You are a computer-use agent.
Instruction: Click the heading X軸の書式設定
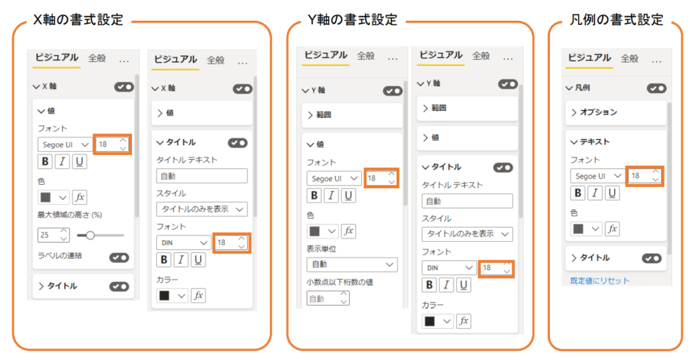(x=78, y=20)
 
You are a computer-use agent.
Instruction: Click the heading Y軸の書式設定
(x=352, y=20)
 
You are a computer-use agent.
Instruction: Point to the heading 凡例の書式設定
(x=617, y=20)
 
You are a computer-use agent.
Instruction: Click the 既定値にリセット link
(x=600, y=280)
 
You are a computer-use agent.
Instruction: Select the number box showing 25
(x=53, y=235)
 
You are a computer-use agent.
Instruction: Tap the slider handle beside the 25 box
(x=90, y=235)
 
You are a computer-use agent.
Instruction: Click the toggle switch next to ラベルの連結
(x=119, y=258)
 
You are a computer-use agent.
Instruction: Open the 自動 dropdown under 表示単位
(x=352, y=264)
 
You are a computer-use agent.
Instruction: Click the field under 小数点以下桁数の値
(x=328, y=299)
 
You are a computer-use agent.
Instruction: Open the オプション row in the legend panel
(x=616, y=112)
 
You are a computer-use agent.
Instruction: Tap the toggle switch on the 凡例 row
(x=656, y=88)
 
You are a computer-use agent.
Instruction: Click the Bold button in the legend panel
(x=578, y=193)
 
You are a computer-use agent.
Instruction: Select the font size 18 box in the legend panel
(x=644, y=176)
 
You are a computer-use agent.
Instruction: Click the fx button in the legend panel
(x=612, y=229)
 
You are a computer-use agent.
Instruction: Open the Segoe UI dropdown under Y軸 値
(x=334, y=178)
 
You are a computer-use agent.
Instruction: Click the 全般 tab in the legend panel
(x=629, y=58)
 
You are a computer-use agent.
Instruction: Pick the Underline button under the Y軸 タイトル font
(x=464, y=285)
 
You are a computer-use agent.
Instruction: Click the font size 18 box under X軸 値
(x=113, y=144)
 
